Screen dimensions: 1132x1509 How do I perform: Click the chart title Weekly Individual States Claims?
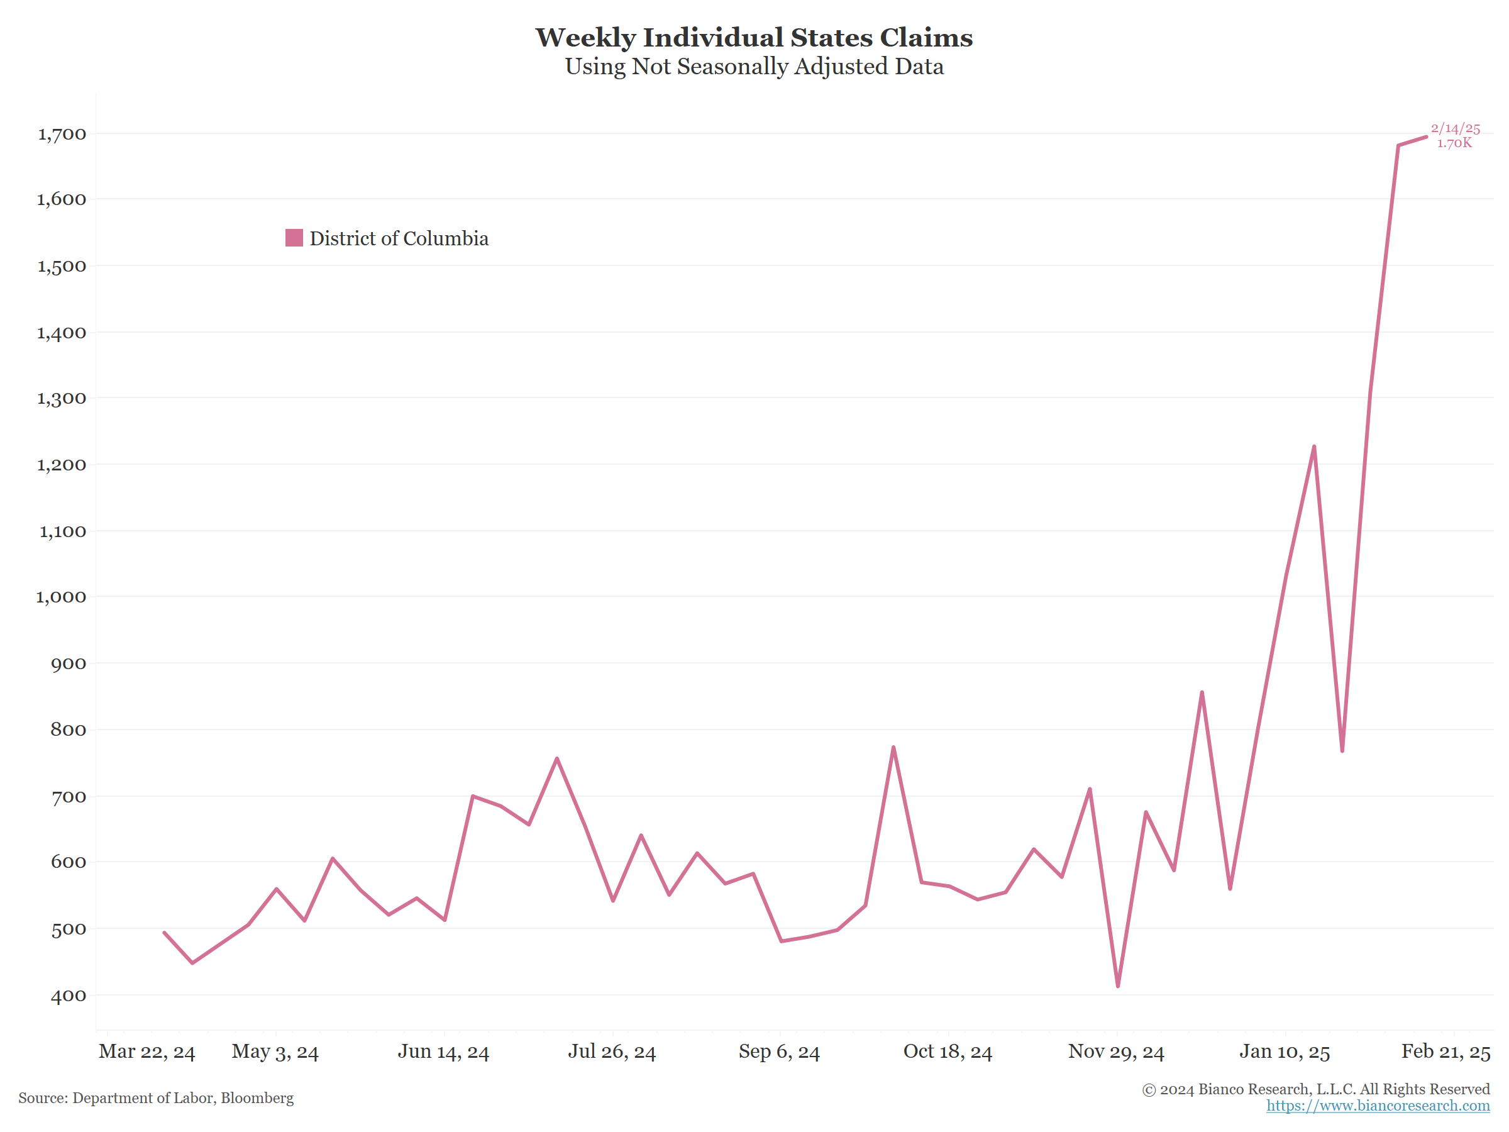tap(754, 38)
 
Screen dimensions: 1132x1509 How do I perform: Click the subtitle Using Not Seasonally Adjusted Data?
tap(754, 67)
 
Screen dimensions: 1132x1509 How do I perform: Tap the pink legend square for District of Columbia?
tap(294, 238)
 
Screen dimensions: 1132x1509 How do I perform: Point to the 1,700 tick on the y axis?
tap(62, 134)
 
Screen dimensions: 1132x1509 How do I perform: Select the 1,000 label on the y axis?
tap(62, 597)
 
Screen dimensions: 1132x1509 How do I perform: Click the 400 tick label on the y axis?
tap(68, 996)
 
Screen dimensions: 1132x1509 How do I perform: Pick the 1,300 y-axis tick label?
tap(62, 399)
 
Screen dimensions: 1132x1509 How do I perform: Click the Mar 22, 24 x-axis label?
tap(146, 1052)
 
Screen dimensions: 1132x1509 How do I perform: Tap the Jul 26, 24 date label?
tap(612, 1052)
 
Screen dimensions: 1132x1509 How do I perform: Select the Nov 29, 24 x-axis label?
tap(1116, 1052)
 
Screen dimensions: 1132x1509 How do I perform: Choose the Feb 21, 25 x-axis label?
tap(1445, 1052)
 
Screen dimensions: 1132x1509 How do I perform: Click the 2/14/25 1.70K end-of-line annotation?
tap(1455, 135)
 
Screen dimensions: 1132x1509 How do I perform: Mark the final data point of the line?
tap(1426, 137)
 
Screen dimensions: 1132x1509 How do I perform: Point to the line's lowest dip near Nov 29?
tap(1117, 986)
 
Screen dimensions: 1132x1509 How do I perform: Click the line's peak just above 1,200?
tap(1314, 447)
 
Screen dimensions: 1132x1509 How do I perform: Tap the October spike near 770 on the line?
tap(893, 747)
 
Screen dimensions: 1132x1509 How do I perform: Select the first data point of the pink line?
tap(164, 933)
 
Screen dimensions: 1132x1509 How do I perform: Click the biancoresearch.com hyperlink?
tap(1378, 1106)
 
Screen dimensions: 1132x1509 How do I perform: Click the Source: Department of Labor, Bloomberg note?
tap(156, 1098)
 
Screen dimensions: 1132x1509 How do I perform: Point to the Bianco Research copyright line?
tap(1315, 1089)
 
